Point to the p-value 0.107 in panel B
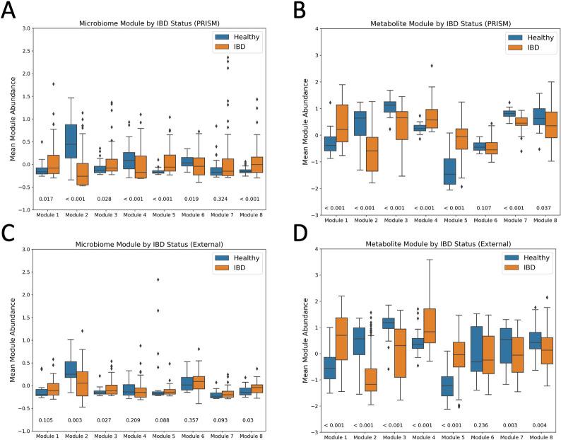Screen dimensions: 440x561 (478, 207)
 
